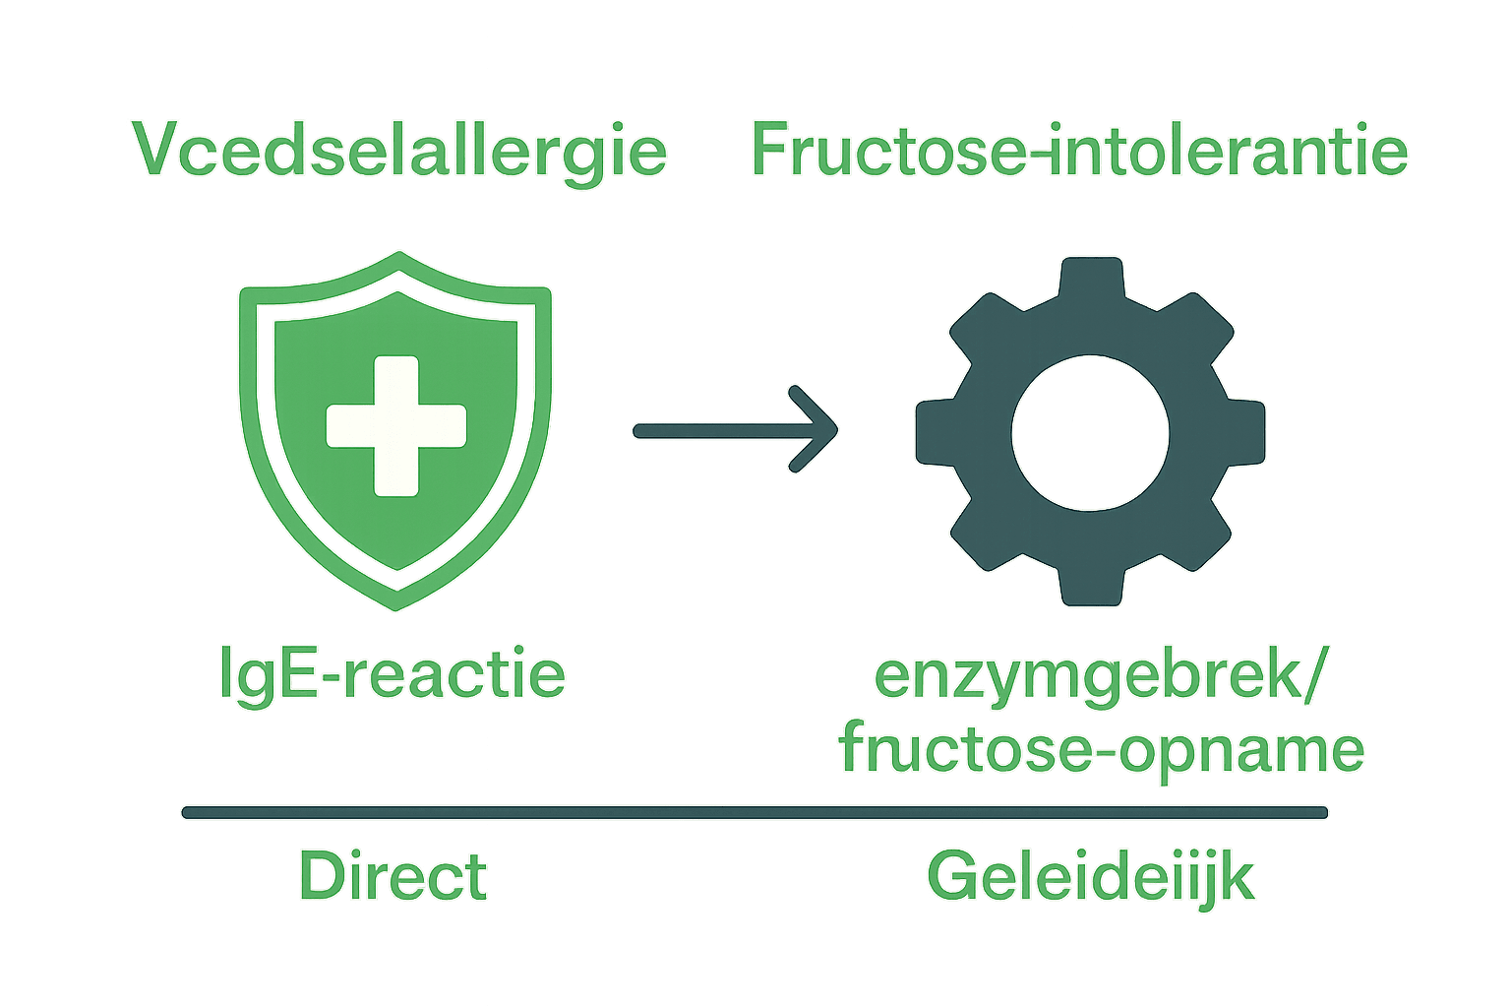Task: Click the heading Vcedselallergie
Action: coord(399,151)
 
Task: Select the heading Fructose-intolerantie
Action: coord(1079,151)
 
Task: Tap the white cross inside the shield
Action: coord(395,425)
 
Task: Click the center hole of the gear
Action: coord(1090,433)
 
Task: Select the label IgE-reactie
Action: coord(393,674)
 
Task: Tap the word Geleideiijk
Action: coord(1090,876)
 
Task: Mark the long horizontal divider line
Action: coord(755,812)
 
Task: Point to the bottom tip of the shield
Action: coord(396,606)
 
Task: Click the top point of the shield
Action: coord(398,254)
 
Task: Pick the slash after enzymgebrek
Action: coord(1314,676)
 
